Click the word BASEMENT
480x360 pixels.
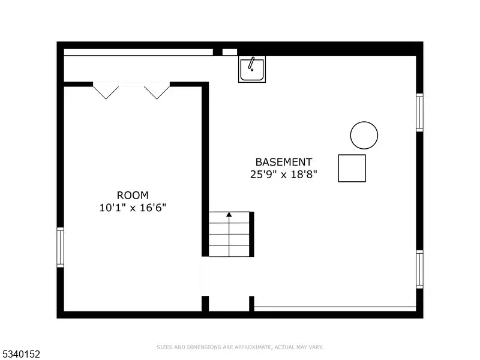[284, 162]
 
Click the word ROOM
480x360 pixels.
[133, 196]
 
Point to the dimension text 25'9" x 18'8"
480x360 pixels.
[284, 175]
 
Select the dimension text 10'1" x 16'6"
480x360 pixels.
[133, 208]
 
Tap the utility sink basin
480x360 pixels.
[252, 69]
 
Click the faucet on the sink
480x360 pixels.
[251, 64]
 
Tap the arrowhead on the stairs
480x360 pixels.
[229, 215]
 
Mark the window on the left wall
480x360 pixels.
[61, 247]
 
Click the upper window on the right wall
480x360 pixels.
[419, 113]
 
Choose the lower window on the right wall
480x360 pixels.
[419, 269]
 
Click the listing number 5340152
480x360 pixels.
[20, 354]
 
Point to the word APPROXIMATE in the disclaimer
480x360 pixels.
[253, 347]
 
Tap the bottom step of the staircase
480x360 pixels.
[229, 251]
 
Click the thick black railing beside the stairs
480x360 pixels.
[251, 234]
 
